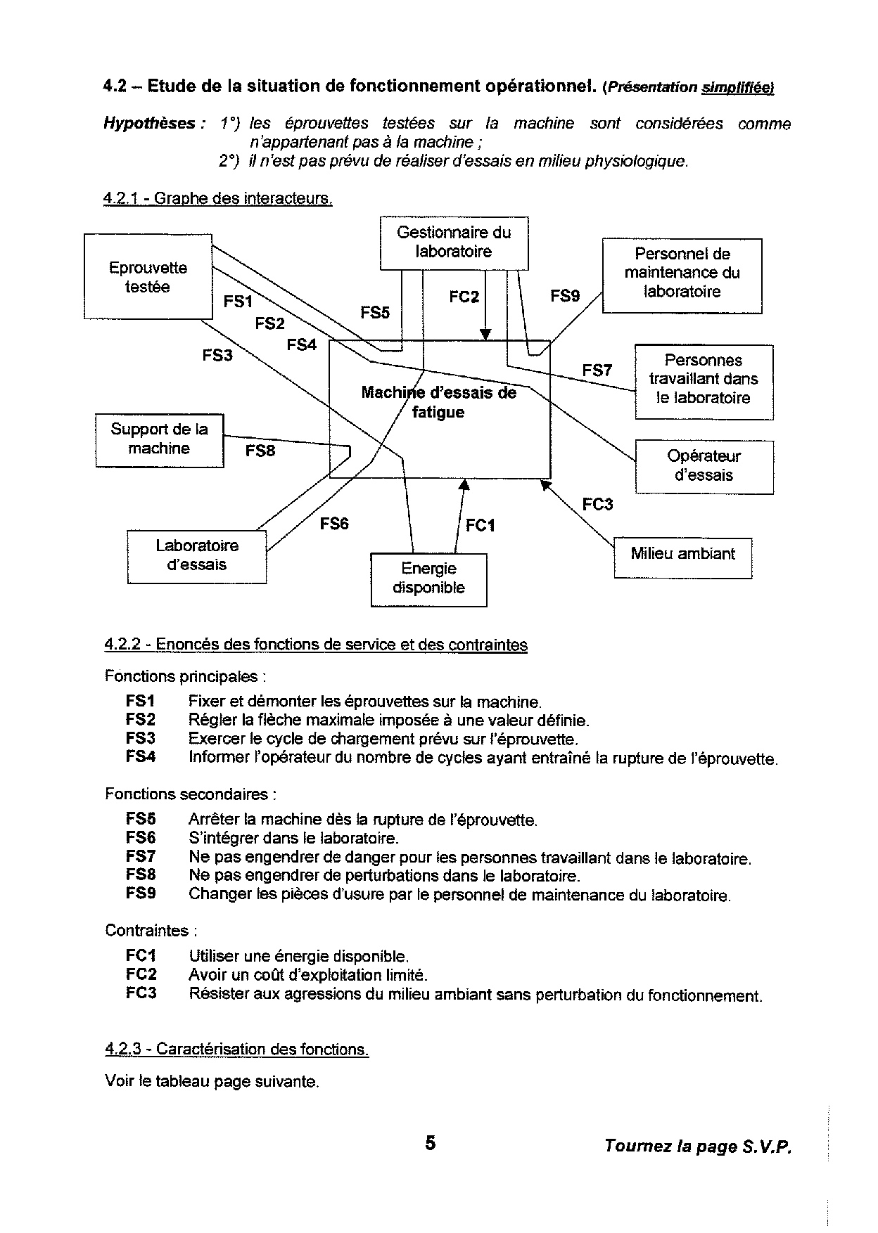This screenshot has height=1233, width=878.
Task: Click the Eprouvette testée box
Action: click(x=148, y=277)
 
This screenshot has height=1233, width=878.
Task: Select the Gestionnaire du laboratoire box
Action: click(x=454, y=243)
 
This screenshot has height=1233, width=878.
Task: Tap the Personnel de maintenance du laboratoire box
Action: click(x=682, y=273)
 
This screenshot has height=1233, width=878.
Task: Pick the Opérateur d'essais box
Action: click(x=704, y=465)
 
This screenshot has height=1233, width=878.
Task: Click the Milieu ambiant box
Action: click(x=682, y=555)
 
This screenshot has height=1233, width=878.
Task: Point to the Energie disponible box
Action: click(x=428, y=579)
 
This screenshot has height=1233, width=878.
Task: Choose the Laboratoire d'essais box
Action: click(x=197, y=555)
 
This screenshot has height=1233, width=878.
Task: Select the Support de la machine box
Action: click(x=159, y=439)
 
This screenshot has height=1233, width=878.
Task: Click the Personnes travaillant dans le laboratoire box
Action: click(x=704, y=380)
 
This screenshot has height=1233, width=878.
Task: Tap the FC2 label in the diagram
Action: click(x=464, y=297)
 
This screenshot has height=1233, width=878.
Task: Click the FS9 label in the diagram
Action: click(x=565, y=297)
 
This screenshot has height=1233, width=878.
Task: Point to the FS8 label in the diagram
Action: click(x=260, y=451)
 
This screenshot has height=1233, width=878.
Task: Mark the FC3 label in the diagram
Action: click(x=597, y=505)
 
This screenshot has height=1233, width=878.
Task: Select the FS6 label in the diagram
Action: click(x=334, y=524)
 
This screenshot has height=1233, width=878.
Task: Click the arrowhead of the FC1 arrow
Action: click(x=463, y=484)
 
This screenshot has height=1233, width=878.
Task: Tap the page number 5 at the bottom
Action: click(x=431, y=1144)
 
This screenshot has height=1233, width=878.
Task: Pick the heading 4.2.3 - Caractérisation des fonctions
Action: click(x=237, y=1049)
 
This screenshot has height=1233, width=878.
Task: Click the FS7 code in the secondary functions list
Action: click(x=141, y=857)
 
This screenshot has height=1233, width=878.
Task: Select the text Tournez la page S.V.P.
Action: click(x=698, y=1147)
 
